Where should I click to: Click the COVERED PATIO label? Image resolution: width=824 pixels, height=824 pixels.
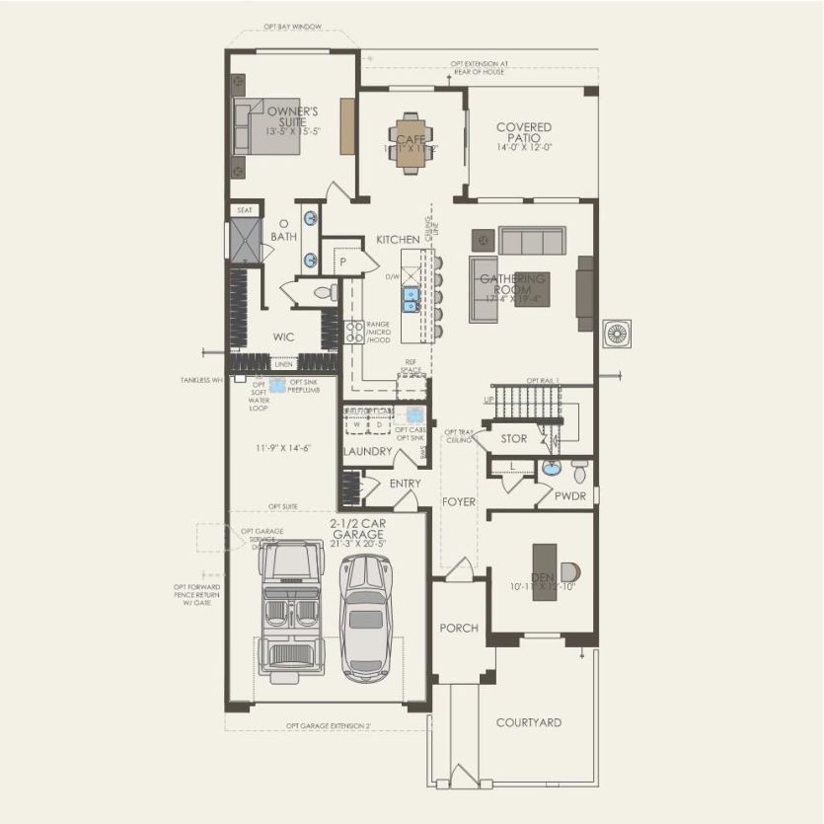point(524,132)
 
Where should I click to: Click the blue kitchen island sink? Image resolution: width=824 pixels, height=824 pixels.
point(409,296)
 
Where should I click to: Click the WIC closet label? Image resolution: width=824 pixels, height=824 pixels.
point(283,337)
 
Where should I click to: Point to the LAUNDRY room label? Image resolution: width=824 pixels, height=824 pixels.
point(367,452)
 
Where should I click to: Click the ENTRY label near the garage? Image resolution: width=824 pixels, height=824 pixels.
point(405,484)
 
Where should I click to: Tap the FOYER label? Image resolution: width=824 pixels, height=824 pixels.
point(458,502)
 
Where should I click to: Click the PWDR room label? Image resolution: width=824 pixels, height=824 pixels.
point(570,496)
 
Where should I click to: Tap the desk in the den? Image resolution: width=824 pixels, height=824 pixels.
point(544,571)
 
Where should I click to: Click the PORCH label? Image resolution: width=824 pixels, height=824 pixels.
point(458,628)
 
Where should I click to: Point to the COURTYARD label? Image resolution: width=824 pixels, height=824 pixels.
point(528,722)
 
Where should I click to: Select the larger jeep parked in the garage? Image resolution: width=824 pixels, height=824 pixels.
point(290,612)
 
